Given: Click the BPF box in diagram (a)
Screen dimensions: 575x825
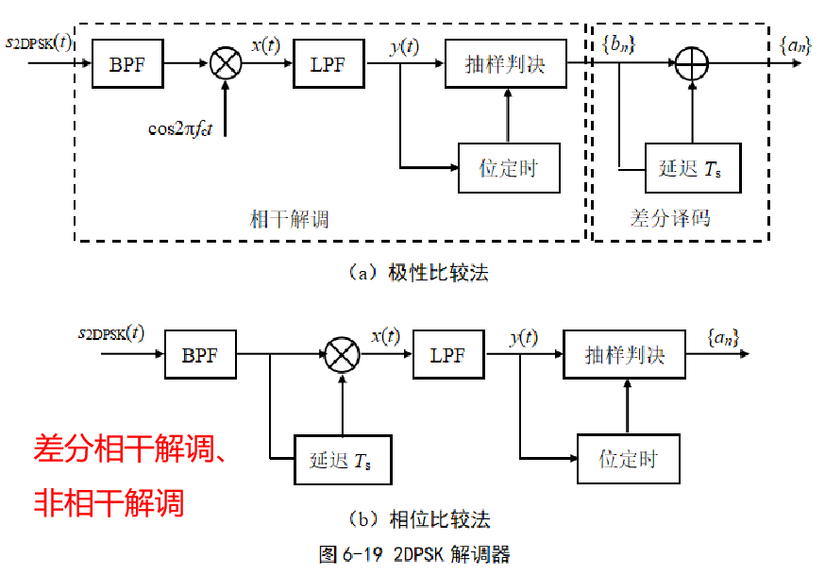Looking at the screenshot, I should pos(128,63).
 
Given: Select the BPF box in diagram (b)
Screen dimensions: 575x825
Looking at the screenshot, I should pos(199,355).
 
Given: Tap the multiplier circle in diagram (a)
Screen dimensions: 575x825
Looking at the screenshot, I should pos(226,63).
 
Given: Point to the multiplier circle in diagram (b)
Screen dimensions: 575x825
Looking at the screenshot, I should pos(341,355).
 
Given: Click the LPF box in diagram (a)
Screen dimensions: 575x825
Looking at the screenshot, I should pos(328,63).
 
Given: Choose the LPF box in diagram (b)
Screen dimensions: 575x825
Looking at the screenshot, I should pos(448,355).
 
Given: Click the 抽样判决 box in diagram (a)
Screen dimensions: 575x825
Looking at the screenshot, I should pos(506,63).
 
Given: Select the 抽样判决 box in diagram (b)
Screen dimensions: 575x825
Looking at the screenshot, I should pos(624,355).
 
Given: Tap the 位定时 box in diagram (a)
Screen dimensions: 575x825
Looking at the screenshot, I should pos(509,169).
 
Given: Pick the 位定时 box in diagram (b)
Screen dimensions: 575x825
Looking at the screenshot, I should pos(628,460).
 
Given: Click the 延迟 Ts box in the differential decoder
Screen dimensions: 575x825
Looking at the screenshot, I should pos(692,169).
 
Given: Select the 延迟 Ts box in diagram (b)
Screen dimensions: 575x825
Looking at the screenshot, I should pos(342,460).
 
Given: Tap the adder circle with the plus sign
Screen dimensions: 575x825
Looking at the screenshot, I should pos(692,63).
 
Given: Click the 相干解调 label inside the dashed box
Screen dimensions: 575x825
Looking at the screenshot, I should pos(289,219).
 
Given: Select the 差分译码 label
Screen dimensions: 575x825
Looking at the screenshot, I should pos(669,218).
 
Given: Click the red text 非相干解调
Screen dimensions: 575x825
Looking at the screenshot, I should pos(109,500).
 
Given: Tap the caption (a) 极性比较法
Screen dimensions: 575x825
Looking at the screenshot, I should pos(418,273).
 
